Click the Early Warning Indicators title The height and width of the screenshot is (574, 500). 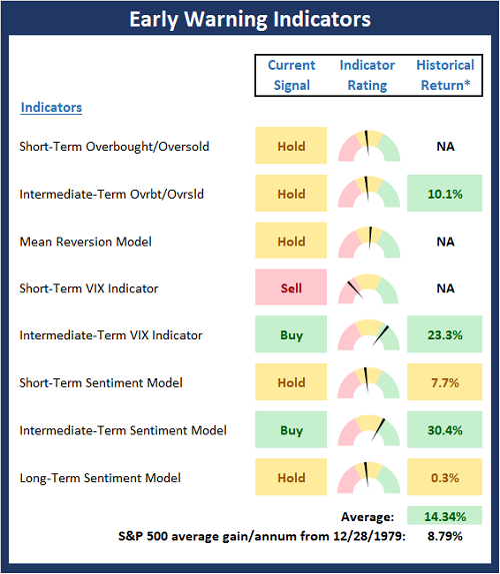[x=250, y=19]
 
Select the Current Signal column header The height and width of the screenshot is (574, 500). [x=292, y=75]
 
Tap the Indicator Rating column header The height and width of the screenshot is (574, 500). [x=367, y=75]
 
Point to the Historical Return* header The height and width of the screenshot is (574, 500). [x=445, y=75]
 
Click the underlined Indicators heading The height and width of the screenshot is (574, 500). [x=51, y=108]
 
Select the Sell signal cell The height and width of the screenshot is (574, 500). [x=291, y=287]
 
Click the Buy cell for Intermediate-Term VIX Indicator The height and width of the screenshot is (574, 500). [x=291, y=334]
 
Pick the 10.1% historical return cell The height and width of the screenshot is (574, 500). [x=445, y=194]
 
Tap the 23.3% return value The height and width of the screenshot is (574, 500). [x=445, y=334]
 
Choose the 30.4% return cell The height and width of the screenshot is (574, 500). [x=445, y=430]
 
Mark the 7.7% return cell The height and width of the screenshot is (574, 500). [x=445, y=382]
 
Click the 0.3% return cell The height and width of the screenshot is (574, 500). [x=445, y=477]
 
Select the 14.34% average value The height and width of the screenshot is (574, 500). [x=445, y=516]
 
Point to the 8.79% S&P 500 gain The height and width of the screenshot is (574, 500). [x=445, y=536]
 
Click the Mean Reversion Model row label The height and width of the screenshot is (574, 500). [x=85, y=242]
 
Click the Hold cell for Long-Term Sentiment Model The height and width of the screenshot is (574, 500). [x=291, y=477]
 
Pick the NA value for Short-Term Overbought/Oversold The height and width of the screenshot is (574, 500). [x=445, y=147]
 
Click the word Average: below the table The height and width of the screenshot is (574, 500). [x=367, y=516]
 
